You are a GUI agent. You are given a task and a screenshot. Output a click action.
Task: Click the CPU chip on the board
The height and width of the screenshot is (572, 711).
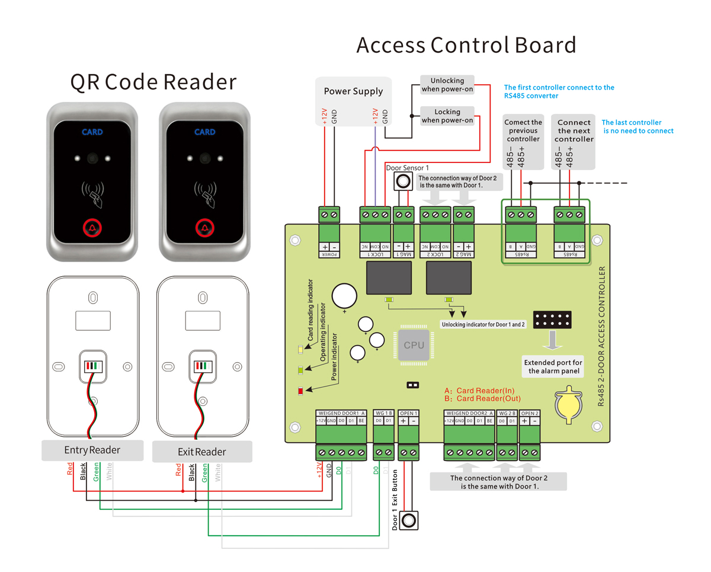pos(414,344)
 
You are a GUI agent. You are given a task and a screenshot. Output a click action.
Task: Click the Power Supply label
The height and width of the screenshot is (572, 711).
pos(353,91)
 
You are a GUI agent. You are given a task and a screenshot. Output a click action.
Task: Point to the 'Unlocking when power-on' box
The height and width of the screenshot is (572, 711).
pos(447,85)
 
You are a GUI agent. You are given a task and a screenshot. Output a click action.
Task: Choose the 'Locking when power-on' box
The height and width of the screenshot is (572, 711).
pos(447,116)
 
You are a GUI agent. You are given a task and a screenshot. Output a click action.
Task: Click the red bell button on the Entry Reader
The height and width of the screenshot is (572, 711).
pos(92,228)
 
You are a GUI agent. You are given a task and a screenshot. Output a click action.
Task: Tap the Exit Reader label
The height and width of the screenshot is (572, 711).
pos(202,452)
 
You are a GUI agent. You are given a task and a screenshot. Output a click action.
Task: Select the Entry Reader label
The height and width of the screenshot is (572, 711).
pos(92,450)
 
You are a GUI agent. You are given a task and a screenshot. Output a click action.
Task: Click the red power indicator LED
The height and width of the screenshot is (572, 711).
pos(300,391)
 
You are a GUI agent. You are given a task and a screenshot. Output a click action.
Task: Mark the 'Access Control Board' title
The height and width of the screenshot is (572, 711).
pos(466,45)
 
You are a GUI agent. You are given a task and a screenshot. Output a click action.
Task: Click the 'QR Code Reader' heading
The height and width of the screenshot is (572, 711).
pos(153,82)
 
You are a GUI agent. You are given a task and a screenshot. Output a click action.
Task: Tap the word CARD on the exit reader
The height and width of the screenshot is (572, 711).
pos(204,132)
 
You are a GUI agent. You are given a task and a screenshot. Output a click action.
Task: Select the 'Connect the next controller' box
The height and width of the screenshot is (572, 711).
pos(574,131)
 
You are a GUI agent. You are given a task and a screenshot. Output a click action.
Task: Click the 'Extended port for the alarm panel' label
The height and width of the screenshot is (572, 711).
pos(553,367)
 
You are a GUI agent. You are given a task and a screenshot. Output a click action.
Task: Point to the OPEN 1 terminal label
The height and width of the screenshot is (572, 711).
pos(409,413)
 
